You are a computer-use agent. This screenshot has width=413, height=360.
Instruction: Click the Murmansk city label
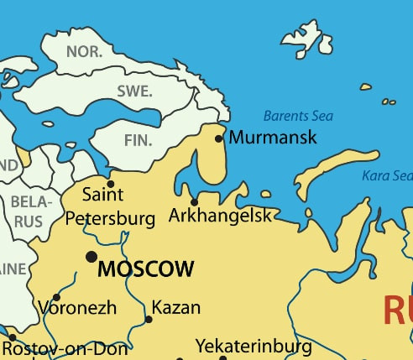click(x=273, y=137)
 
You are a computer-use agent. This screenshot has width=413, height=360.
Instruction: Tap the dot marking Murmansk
click(x=219, y=138)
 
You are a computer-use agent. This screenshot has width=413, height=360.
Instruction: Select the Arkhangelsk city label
click(x=221, y=216)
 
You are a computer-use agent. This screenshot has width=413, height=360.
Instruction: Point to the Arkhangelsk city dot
click(x=194, y=201)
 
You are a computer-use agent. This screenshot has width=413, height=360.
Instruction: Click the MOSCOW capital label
click(x=146, y=269)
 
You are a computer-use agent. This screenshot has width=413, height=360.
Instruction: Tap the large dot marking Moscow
click(x=91, y=256)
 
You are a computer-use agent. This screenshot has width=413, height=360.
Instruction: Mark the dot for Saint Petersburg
click(x=110, y=184)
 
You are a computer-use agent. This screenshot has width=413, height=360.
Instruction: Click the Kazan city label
click(x=176, y=308)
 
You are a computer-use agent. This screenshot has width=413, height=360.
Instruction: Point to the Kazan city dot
click(x=149, y=319)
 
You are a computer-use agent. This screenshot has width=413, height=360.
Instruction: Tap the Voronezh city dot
click(x=56, y=297)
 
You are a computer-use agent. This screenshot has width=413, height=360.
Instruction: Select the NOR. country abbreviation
click(x=84, y=51)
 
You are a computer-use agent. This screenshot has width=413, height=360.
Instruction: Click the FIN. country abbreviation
click(x=138, y=140)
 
